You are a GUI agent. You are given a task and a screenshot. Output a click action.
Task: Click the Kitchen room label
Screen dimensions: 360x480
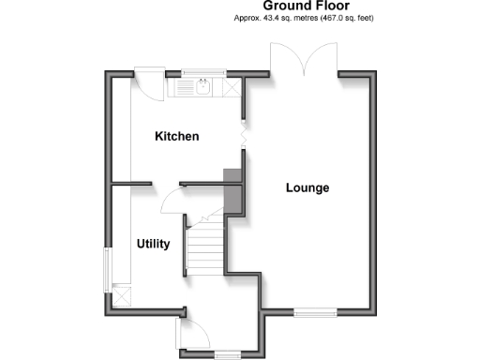pos(177,137)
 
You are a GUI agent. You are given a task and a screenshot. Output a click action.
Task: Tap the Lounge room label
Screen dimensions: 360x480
pos(307,187)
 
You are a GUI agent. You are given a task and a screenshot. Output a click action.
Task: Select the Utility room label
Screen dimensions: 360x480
pos(153,244)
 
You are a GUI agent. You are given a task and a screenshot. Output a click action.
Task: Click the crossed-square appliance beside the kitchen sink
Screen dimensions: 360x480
pos(231,88)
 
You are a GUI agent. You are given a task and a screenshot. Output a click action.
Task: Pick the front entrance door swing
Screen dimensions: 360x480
pos(193,331)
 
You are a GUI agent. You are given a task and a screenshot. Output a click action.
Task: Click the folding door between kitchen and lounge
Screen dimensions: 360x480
pos(243,136)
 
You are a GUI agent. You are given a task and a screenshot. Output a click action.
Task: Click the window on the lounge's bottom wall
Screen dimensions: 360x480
pos(314,309)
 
